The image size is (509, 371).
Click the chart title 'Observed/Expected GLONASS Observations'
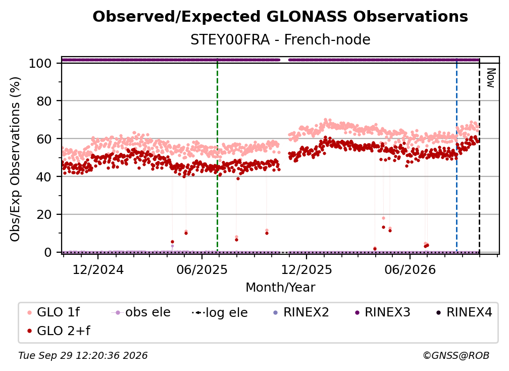pos(280,17)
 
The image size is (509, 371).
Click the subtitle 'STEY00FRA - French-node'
pos(280,40)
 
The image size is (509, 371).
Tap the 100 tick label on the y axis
pos(40,63)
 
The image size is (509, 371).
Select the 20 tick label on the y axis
pos(44,214)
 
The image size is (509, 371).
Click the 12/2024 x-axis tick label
pos(98,269)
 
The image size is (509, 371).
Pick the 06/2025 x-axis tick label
pos(202,269)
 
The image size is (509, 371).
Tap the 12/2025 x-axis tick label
pos(307,269)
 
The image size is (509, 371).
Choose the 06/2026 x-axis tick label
pos(410,269)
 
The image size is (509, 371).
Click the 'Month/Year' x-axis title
pos(280,288)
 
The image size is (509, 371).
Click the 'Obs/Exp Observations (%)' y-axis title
pos(15,159)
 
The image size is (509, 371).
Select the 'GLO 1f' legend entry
pos(54,312)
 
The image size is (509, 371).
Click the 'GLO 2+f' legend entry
pos(59,331)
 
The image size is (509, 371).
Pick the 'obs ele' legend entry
pos(141,312)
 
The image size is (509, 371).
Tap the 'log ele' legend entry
pos(220,312)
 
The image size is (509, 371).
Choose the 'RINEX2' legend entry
pos(301,312)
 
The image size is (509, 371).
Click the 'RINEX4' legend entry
pos(464,312)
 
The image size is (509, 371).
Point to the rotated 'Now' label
pos(491,78)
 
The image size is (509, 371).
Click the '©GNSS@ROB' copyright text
pos(456,356)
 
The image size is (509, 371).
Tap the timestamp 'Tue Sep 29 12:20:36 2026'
pos(83,356)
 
